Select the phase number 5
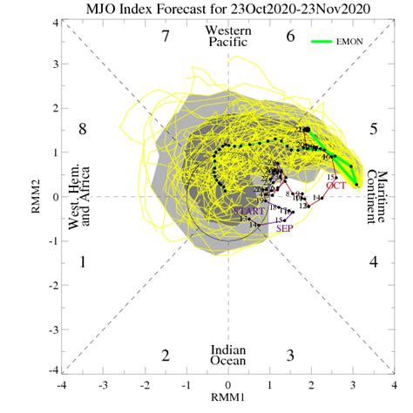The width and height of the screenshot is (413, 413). [372, 129]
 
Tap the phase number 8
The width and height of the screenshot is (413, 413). [84, 129]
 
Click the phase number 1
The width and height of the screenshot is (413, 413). [84, 261]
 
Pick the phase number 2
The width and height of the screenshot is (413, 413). [164, 355]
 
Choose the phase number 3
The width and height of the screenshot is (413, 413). [291, 355]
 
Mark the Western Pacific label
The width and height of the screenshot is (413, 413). [228, 37]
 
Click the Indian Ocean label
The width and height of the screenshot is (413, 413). [227, 355]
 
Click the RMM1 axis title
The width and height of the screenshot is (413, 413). [228, 402]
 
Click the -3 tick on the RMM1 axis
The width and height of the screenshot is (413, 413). [103, 384]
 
